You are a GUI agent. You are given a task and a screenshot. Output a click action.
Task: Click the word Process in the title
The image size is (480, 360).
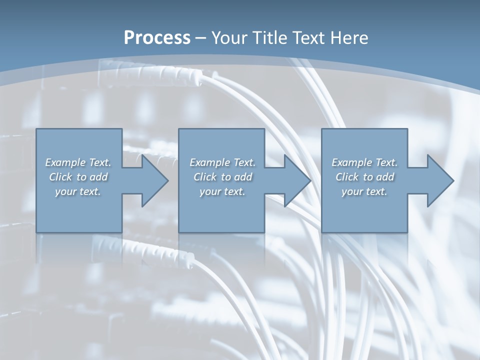coord(157,38)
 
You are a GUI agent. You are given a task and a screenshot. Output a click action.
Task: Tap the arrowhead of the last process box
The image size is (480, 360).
coord(439,180)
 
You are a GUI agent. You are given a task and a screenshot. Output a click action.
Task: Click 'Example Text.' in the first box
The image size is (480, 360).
coord(78,162)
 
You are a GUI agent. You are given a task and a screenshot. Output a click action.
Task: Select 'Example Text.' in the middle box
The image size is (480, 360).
coord(222,162)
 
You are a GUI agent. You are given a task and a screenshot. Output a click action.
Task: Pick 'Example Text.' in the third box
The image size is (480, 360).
coord(364,162)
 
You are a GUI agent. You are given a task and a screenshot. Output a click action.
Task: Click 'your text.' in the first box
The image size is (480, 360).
coord(78,191)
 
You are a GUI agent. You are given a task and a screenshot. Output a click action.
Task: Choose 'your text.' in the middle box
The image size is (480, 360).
coord(222,191)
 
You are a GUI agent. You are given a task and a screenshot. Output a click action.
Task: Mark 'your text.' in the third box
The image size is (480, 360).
coord(364,191)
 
